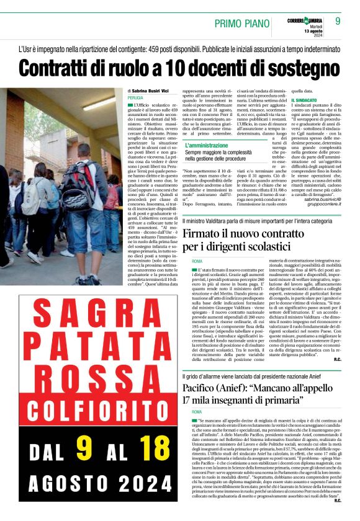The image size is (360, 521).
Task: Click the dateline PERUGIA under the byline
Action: [135, 98]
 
